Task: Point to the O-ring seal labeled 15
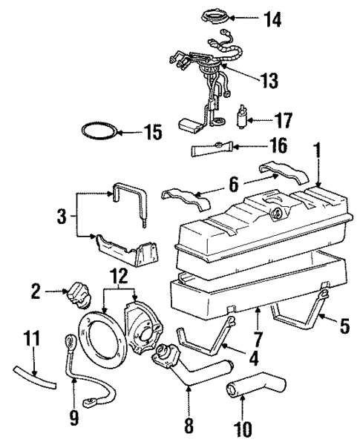[x=98, y=133]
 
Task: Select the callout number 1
[x=317, y=153]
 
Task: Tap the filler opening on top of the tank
[x=280, y=214]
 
